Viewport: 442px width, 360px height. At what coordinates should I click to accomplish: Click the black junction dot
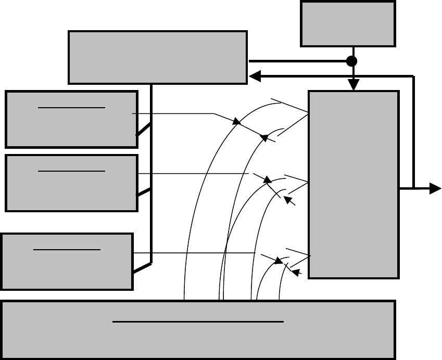(x=352, y=61)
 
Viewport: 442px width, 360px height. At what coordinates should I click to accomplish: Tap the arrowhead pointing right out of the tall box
(x=435, y=189)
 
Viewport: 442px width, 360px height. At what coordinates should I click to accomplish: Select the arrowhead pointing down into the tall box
(x=354, y=85)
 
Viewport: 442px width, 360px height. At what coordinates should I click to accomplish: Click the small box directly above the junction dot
(x=347, y=24)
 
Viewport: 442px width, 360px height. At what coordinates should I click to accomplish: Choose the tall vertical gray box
(x=353, y=185)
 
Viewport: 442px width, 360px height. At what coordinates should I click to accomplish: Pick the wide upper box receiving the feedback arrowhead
(x=157, y=57)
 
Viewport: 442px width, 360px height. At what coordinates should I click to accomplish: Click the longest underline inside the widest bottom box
(x=198, y=322)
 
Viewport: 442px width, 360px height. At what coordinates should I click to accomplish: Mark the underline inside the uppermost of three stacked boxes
(x=71, y=107)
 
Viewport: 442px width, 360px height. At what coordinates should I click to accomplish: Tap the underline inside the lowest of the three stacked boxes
(x=67, y=249)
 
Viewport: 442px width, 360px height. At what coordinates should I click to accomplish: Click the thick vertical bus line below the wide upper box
(x=151, y=172)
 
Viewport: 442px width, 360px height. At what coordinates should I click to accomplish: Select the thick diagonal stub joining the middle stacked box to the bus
(x=144, y=192)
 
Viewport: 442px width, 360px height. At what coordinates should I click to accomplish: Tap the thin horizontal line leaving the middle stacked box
(x=193, y=173)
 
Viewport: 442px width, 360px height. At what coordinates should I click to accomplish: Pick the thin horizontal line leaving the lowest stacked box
(x=193, y=253)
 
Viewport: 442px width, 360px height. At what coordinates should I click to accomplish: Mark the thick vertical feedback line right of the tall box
(x=413, y=130)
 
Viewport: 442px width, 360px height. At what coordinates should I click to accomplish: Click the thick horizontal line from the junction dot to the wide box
(x=297, y=61)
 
